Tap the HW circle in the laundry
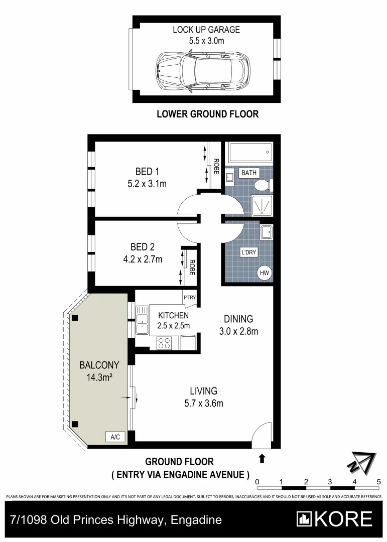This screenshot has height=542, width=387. click(x=265, y=273)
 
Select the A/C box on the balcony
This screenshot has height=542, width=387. click(x=115, y=437)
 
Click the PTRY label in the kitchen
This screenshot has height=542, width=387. click(x=189, y=298)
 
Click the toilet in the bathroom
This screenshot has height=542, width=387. click(x=262, y=186)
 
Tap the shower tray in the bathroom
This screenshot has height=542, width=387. click(x=261, y=206)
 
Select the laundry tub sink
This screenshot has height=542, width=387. click(x=266, y=232)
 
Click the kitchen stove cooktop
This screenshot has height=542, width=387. click(x=165, y=343)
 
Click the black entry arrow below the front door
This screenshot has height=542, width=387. click(x=261, y=458)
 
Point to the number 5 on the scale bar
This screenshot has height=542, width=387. click(x=378, y=482)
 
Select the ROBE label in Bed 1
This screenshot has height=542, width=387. click(x=216, y=166)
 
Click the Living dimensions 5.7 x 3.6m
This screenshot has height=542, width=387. click(x=203, y=402)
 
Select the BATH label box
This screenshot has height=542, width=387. click(x=249, y=173)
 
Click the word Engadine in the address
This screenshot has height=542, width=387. click(x=196, y=520)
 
